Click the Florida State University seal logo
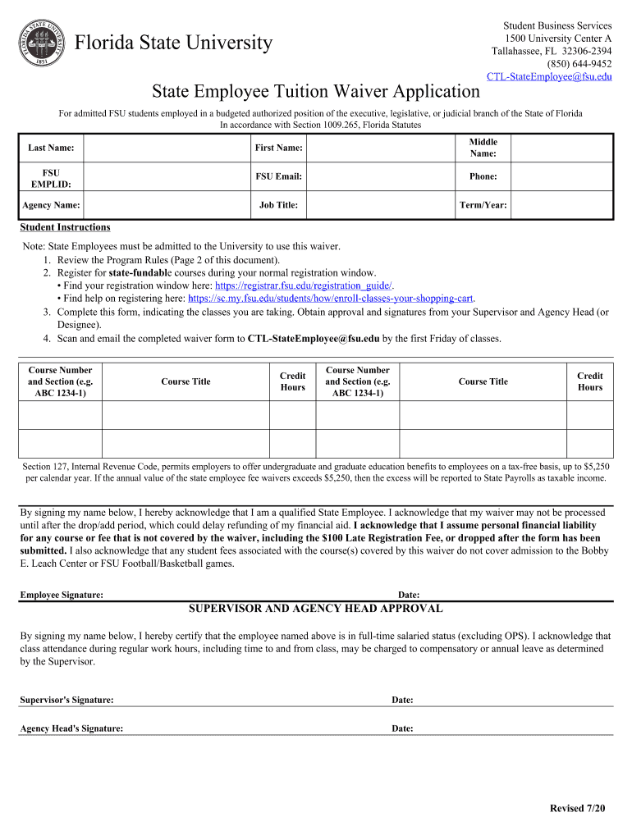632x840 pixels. pyautogui.click(x=42, y=42)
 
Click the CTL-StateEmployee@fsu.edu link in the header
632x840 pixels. pyautogui.click(x=549, y=76)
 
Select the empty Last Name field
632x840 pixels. pyautogui.click(x=167, y=148)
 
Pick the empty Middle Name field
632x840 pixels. pyautogui.click(x=561, y=148)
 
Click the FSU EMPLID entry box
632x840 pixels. pyautogui.click(x=167, y=176)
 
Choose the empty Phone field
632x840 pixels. pyautogui.click(x=561, y=176)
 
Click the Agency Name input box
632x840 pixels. pyautogui.click(x=167, y=205)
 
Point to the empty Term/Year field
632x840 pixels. pyautogui.click(x=561, y=205)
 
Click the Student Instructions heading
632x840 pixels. pyautogui.click(x=65, y=227)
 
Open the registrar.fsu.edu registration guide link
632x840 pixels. pyautogui.click(x=303, y=285)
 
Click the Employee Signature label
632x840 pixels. pyautogui.click(x=62, y=595)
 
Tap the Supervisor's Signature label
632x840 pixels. pyautogui.click(x=66, y=700)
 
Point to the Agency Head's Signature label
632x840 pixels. pyautogui.click(x=71, y=728)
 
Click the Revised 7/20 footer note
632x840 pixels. pyautogui.click(x=577, y=809)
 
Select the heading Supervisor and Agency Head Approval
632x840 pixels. pyautogui.click(x=316, y=609)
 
